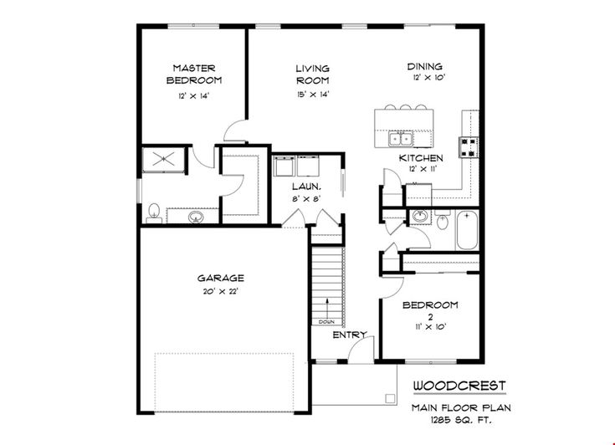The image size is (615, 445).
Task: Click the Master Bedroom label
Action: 193,74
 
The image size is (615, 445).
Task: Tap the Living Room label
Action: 312,74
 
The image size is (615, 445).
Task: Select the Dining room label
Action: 425,67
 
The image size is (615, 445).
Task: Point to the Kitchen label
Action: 421,157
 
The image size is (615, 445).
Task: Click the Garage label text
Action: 220,278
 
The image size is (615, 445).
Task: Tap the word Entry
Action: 351,335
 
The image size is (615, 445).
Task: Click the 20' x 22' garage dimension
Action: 221,291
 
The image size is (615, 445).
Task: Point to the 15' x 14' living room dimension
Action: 312,95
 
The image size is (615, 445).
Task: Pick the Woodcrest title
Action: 459,386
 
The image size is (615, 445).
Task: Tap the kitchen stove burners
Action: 469,147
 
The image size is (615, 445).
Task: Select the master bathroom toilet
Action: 153,213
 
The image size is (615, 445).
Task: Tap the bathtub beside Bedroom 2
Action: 467,231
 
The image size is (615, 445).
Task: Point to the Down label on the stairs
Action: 326,320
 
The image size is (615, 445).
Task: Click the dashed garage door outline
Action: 224,380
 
